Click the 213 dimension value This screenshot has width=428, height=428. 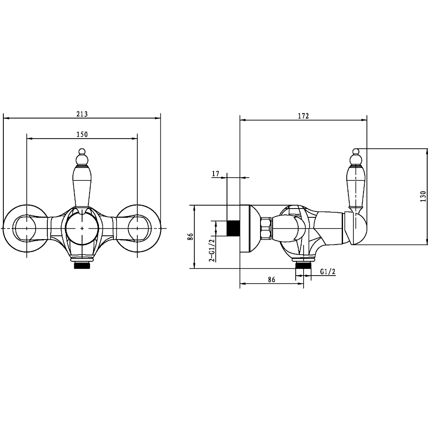[82, 114]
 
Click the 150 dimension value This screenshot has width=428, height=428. [82, 134]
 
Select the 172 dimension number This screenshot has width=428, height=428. [303, 116]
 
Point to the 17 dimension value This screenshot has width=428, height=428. [215, 174]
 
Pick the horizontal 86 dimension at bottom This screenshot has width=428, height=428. [271, 279]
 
